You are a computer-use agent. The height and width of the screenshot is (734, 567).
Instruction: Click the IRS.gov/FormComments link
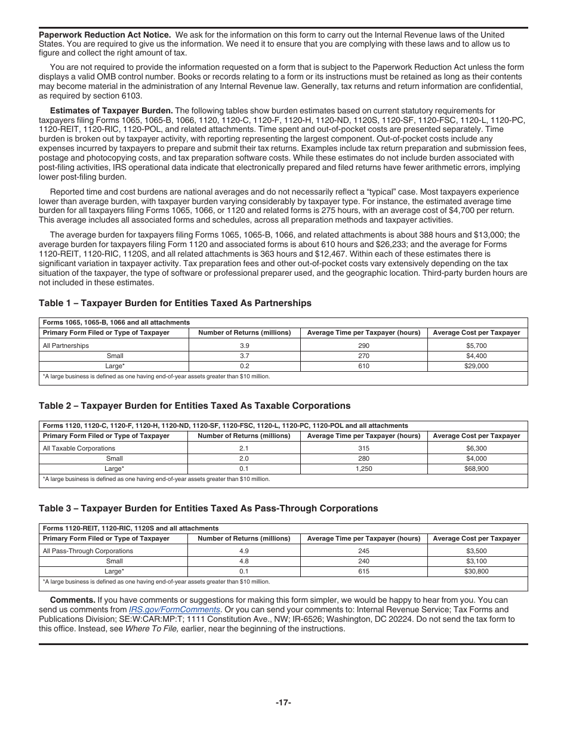pos(174,609)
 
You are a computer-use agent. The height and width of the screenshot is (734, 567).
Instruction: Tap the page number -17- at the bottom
pos(283,702)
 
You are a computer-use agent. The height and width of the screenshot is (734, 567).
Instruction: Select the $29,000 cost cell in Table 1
pos(476,366)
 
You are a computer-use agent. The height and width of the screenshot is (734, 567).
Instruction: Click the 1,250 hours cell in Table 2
pos(363,469)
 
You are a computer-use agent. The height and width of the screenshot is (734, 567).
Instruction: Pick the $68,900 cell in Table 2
pos(476,469)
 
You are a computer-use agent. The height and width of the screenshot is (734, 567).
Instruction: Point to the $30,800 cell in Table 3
pos(476,572)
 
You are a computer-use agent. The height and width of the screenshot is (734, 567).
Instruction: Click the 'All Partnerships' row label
pos(66,346)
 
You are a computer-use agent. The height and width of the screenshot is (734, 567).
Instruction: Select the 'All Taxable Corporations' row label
pos(79,448)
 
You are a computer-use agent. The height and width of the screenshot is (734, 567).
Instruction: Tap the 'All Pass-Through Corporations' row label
pos(88,551)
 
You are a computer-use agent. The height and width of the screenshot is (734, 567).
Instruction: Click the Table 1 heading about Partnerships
pos(175,303)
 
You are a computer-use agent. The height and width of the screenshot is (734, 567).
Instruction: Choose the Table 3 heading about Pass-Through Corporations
pos(208,508)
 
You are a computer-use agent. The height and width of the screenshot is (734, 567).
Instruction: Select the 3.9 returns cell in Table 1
pos(244,346)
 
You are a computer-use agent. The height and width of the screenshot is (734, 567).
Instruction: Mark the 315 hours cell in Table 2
pos(363,448)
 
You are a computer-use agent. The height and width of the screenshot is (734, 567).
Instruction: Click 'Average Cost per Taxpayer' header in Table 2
pos(476,436)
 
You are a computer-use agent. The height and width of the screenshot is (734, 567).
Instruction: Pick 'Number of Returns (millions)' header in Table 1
pos(244,332)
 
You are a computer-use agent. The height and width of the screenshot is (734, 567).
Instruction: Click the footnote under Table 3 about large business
pos(156,582)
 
